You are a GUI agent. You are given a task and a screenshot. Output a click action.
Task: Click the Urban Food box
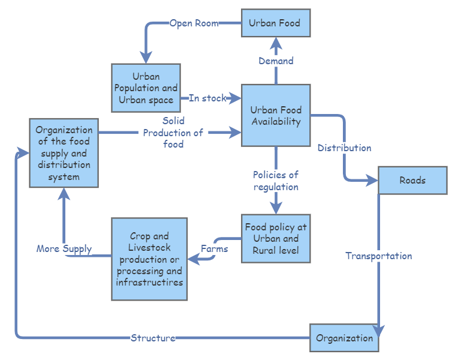275,23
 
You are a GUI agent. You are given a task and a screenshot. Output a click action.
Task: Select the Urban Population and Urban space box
146,88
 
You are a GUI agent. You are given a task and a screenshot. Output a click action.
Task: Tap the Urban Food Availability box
275,115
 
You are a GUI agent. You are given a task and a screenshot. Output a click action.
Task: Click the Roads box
412,181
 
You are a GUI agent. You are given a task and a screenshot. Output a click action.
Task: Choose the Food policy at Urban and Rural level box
275,239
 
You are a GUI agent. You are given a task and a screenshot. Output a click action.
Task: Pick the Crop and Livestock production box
149,259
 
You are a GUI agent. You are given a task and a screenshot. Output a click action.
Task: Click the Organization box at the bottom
344,338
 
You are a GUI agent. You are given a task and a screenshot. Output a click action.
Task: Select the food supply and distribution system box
64,153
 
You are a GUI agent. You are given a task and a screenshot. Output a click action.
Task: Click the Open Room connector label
194,23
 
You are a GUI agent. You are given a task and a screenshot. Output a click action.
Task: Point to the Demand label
276,61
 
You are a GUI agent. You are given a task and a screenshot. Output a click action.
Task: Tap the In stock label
207,98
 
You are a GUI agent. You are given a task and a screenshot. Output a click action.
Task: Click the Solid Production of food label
173,133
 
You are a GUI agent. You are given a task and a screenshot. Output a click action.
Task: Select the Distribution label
344,148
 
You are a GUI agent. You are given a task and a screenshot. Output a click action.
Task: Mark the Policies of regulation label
276,181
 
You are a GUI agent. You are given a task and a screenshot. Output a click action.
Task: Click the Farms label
214,248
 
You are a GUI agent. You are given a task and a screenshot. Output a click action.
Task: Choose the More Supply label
64,248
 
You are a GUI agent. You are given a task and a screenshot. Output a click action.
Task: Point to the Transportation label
378,256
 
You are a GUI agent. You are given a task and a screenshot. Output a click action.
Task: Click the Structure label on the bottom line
153,338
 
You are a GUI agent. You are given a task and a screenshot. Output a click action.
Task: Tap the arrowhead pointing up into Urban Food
276,43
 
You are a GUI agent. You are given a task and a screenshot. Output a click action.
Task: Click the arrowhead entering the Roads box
372,179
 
